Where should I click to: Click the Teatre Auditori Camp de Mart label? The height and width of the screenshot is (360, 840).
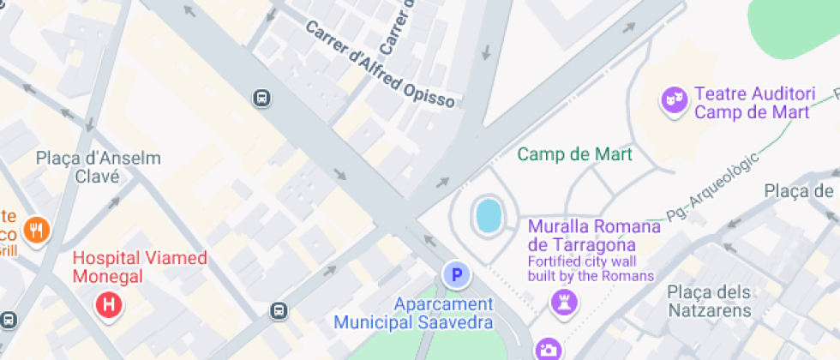point(752,102)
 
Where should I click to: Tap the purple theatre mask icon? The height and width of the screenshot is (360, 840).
point(674,100)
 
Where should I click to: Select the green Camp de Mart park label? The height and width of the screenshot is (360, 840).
point(575,154)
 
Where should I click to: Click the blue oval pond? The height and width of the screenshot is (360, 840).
point(489,216)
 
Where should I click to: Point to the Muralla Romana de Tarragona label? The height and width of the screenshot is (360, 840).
point(594,236)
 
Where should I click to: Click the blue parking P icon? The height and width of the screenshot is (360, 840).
point(457,275)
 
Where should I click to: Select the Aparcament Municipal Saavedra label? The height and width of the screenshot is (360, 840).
point(413,313)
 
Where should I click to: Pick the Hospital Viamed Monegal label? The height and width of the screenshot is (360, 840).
point(140,267)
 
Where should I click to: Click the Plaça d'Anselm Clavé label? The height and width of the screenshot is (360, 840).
point(98,167)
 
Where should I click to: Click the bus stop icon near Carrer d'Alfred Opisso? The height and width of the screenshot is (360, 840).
point(261,99)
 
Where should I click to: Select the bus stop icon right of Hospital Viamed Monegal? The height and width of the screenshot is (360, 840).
point(279,310)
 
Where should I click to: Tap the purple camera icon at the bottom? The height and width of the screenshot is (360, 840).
point(548,349)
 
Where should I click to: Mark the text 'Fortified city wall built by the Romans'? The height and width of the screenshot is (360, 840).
point(591,268)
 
